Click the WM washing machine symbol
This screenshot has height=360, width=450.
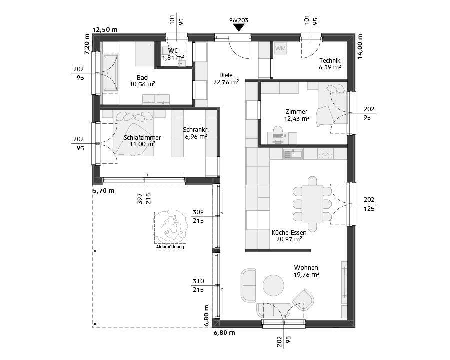(280, 48)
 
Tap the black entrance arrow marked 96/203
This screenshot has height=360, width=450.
(239, 28)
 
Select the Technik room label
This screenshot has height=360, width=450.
(330, 61)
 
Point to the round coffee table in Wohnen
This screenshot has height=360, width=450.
(274, 285)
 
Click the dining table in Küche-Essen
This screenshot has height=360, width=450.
(312, 204)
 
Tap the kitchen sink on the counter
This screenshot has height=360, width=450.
(293, 154)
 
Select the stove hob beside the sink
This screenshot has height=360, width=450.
(325, 154)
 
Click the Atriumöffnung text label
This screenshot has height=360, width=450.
(170, 247)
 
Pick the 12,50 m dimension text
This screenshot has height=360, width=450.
(105, 30)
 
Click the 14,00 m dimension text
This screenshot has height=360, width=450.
(360, 47)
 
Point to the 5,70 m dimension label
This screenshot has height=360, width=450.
(103, 191)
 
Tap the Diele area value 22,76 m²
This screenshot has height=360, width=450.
(226, 82)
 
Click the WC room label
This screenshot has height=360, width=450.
(173, 51)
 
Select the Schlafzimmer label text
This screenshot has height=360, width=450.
(142, 138)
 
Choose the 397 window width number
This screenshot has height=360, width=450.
(140, 199)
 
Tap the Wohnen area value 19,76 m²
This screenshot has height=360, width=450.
(306, 275)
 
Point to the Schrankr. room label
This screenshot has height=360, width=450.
(196, 130)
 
